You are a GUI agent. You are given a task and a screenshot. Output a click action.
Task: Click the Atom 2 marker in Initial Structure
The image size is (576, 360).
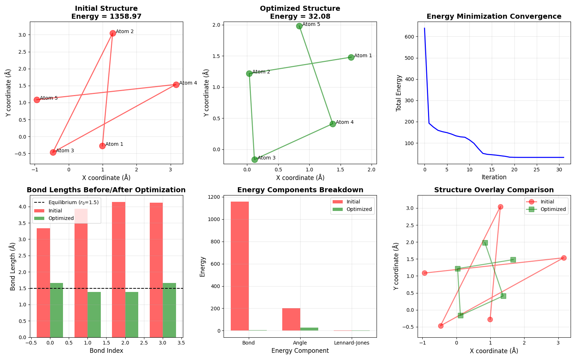(113, 33)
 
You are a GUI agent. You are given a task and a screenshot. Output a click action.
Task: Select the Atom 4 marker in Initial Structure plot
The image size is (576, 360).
(176, 85)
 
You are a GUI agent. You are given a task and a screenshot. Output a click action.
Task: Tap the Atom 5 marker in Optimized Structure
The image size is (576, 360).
(299, 26)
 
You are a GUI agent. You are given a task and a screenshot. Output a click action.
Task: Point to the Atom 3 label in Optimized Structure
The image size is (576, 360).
(266, 158)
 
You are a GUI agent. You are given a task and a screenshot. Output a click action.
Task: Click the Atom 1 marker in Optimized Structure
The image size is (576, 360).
(351, 57)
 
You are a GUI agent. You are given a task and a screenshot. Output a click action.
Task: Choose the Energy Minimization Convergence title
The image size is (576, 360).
(494, 17)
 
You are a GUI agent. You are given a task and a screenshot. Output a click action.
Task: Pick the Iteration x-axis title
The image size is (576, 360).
(494, 177)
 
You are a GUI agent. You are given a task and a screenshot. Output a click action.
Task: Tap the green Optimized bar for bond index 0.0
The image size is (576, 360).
(57, 310)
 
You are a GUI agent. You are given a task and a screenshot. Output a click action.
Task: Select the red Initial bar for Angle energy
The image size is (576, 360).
(291, 319)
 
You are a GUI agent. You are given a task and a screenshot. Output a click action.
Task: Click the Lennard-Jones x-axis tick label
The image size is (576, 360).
(351, 343)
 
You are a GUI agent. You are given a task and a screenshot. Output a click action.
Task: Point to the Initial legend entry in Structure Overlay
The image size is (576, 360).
(547, 202)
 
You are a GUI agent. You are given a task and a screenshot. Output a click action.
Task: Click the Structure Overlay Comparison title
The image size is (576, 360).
(494, 190)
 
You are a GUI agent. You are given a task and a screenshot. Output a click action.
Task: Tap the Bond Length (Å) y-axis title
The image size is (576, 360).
(13, 266)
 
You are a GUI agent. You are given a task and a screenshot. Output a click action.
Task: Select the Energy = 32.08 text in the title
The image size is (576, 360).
(300, 17)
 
